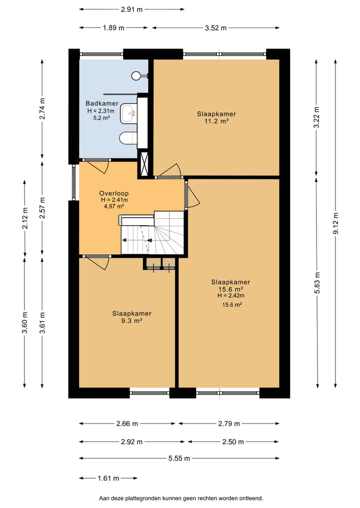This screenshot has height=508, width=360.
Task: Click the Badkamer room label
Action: pos(102,103)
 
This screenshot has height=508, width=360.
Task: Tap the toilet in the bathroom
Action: pos(128,138)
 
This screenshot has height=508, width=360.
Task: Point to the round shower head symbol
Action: pos(136,76)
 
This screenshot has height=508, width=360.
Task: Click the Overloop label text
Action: pos(114,193)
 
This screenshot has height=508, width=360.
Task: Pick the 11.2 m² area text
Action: pos(216,121)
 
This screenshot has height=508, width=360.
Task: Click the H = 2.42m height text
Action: pos(231,296)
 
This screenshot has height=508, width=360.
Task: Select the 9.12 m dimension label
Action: pos(335,223)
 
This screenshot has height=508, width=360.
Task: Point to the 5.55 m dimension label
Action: pos(179,459)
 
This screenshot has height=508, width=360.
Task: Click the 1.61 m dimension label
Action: pos(108,478)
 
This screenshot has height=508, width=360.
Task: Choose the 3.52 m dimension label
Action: pos(215,28)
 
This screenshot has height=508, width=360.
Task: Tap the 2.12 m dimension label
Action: pos(25,218)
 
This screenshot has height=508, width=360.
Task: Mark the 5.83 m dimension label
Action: pos(317,283)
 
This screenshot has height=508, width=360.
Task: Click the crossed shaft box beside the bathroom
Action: pos(143,164)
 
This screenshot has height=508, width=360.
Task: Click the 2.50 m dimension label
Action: pos(233,442)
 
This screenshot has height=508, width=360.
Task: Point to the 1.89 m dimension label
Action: pos(113,28)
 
